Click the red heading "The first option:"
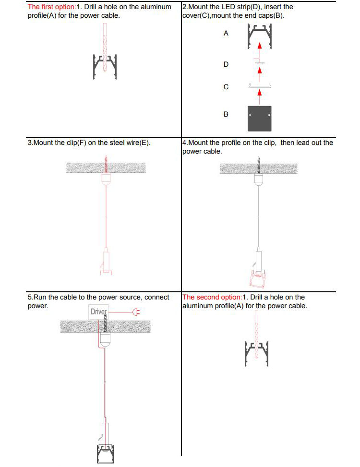tap(52, 7)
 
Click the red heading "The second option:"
tap(212, 297)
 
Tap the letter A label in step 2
tap(226, 34)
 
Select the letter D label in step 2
tap(226, 64)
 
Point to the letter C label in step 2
tap(226, 87)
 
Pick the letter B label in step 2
tap(226, 114)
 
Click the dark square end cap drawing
tap(260, 119)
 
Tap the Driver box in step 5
tap(98, 312)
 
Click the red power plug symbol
tap(136, 312)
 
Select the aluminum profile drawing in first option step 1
tap(105, 67)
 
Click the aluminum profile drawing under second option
tap(257, 354)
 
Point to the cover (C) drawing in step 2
tap(260, 86)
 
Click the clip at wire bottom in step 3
tap(106, 263)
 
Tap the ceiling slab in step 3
tap(106, 168)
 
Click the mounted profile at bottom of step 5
tap(106, 453)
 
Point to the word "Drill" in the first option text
tap(90, 7)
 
